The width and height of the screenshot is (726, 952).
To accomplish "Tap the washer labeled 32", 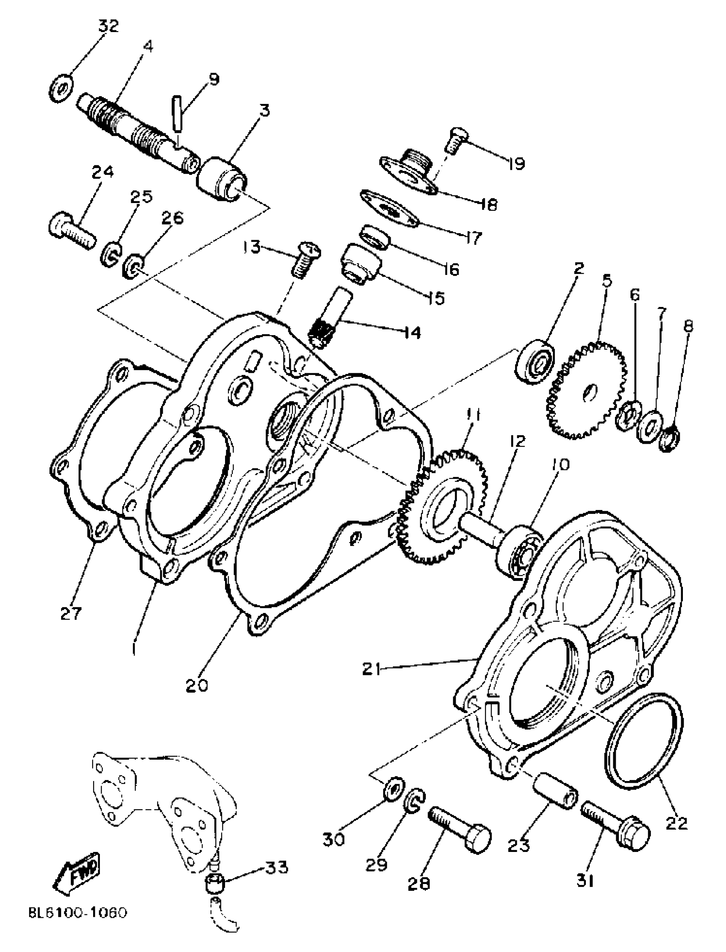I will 60,88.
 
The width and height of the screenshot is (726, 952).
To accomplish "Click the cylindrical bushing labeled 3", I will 223,180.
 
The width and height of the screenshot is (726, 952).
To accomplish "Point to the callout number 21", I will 372,670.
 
